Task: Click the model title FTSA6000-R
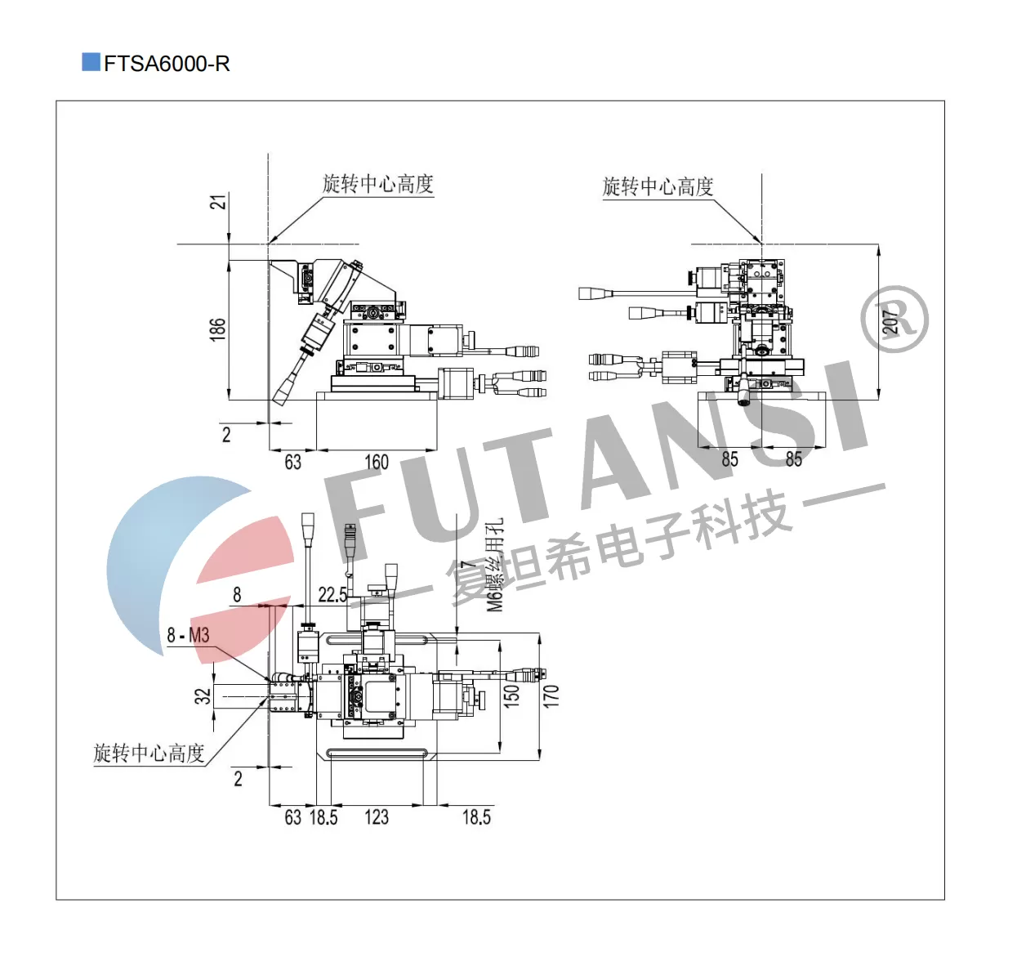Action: coord(167,64)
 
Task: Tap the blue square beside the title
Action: coord(91,62)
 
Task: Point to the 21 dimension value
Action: coord(218,202)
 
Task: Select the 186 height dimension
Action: coord(217,329)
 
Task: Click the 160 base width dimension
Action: coord(377,462)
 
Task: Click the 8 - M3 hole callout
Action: coord(188,635)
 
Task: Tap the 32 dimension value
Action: coord(203,695)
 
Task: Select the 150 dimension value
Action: coord(511,695)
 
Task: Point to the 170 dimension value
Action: coord(551,695)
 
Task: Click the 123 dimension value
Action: coord(377,817)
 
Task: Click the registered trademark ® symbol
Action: coord(894,319)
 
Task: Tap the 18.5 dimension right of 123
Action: coord(476,817)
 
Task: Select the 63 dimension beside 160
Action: coord(292,462)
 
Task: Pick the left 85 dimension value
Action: coord(729,459)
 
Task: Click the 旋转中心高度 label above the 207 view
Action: coord(658,187)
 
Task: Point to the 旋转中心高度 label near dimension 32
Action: coord(149,754)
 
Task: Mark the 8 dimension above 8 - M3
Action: coord(237,595)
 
